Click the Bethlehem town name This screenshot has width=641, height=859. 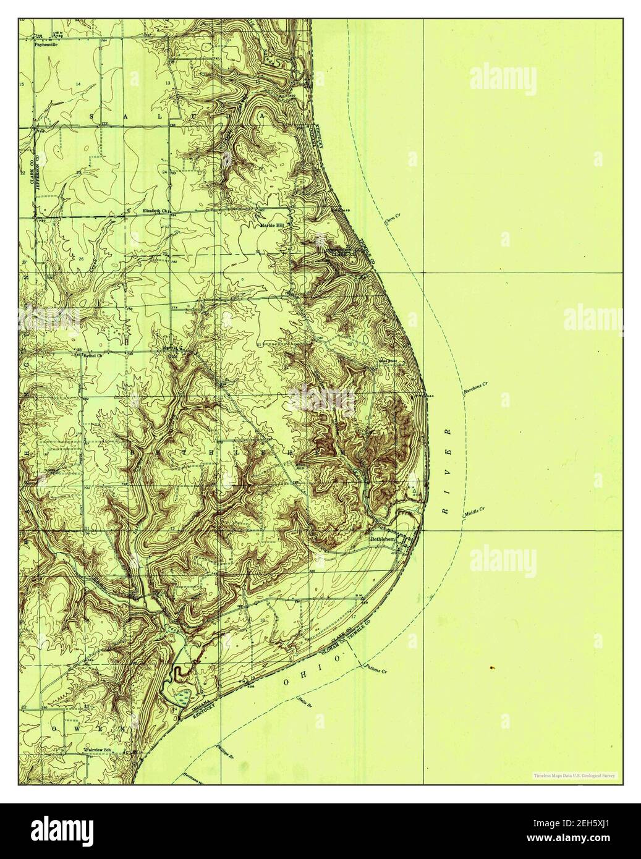tap(382, 540)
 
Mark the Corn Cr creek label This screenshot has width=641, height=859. tap(393, 219)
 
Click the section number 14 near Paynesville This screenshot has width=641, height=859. tap(79, 83)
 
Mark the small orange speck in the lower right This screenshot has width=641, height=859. tap(491, 667)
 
